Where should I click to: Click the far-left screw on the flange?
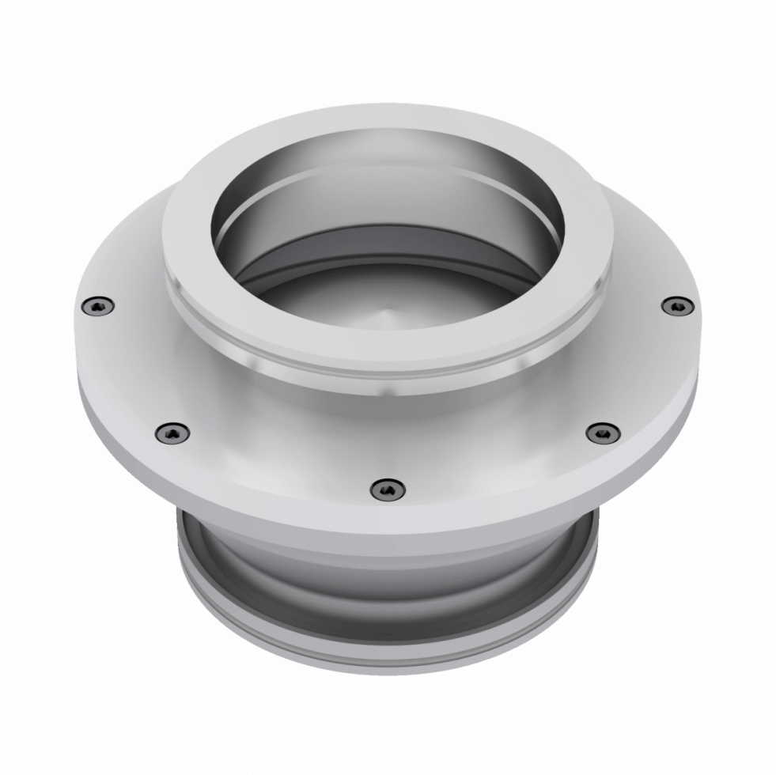(97, 304)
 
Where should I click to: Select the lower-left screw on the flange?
(172, 432)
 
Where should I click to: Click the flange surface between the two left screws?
(127, 372)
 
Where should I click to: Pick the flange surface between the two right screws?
(645, 372)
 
